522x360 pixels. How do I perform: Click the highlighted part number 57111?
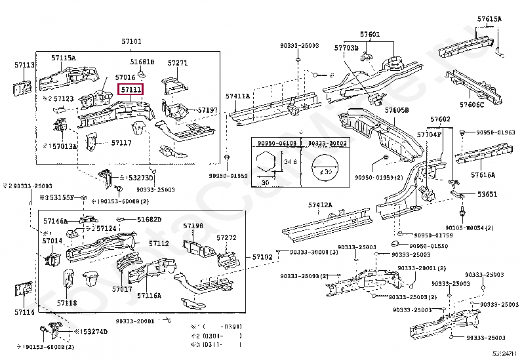coord(130,89)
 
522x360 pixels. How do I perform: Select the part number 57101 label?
coord(130,41)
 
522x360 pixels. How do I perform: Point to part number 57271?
coord(177,63)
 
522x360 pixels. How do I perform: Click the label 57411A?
coord(238,96)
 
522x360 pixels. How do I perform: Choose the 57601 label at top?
coord(369,34)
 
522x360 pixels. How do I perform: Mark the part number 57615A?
coord(489,19)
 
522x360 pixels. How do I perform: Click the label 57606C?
coord(472,104)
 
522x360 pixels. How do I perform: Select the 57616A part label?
coord(483,175)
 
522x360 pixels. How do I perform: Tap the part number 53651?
coord(487,194)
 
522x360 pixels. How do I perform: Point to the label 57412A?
coord(320,205)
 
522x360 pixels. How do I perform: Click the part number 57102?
coord(262,256)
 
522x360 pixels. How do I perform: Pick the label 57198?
coord(193,226)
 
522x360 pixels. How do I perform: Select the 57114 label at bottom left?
coord(24,312)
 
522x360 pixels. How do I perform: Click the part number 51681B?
coord(142,62)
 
